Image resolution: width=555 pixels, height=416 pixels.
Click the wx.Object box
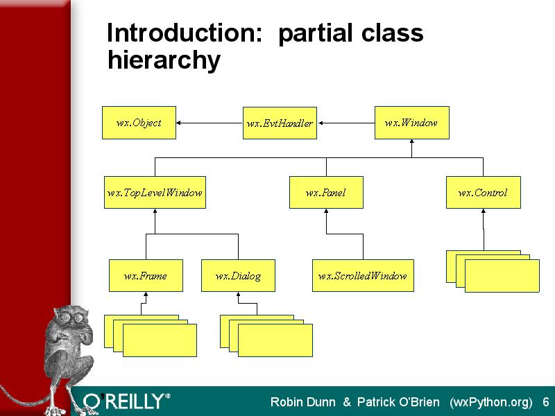(x=139, y=123)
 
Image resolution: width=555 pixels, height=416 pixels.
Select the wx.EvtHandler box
(x=280, y=123)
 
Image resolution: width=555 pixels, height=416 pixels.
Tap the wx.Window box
(x=412, y=123)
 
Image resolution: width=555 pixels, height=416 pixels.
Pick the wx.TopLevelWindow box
(x=155, y=192)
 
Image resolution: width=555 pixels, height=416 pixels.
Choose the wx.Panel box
(x=326, y=192)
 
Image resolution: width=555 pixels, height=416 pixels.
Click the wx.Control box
(x=483, y=192)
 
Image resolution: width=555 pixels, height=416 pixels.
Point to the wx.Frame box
(x=146, y=275)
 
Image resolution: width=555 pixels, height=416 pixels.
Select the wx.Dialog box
(x=238, y=275)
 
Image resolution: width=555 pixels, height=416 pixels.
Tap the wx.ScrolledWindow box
(x=363, y=275)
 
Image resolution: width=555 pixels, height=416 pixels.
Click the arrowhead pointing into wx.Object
(x=178, y=123)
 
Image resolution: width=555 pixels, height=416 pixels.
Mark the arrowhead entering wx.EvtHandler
(x=321, y=123)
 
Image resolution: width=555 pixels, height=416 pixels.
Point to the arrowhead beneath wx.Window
(x=411, y=141)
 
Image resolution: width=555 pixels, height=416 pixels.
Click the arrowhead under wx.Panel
(x=326, y=211)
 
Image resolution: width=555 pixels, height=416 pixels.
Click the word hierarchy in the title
(x=164, y=60)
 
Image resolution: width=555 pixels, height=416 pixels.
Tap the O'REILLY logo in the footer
(x=127, y=401)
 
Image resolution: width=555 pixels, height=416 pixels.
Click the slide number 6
(x=546, y=402)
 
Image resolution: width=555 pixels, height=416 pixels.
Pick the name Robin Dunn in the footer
(x=302, y=402)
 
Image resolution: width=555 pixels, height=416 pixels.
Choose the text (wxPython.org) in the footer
(x=491, y=403)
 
